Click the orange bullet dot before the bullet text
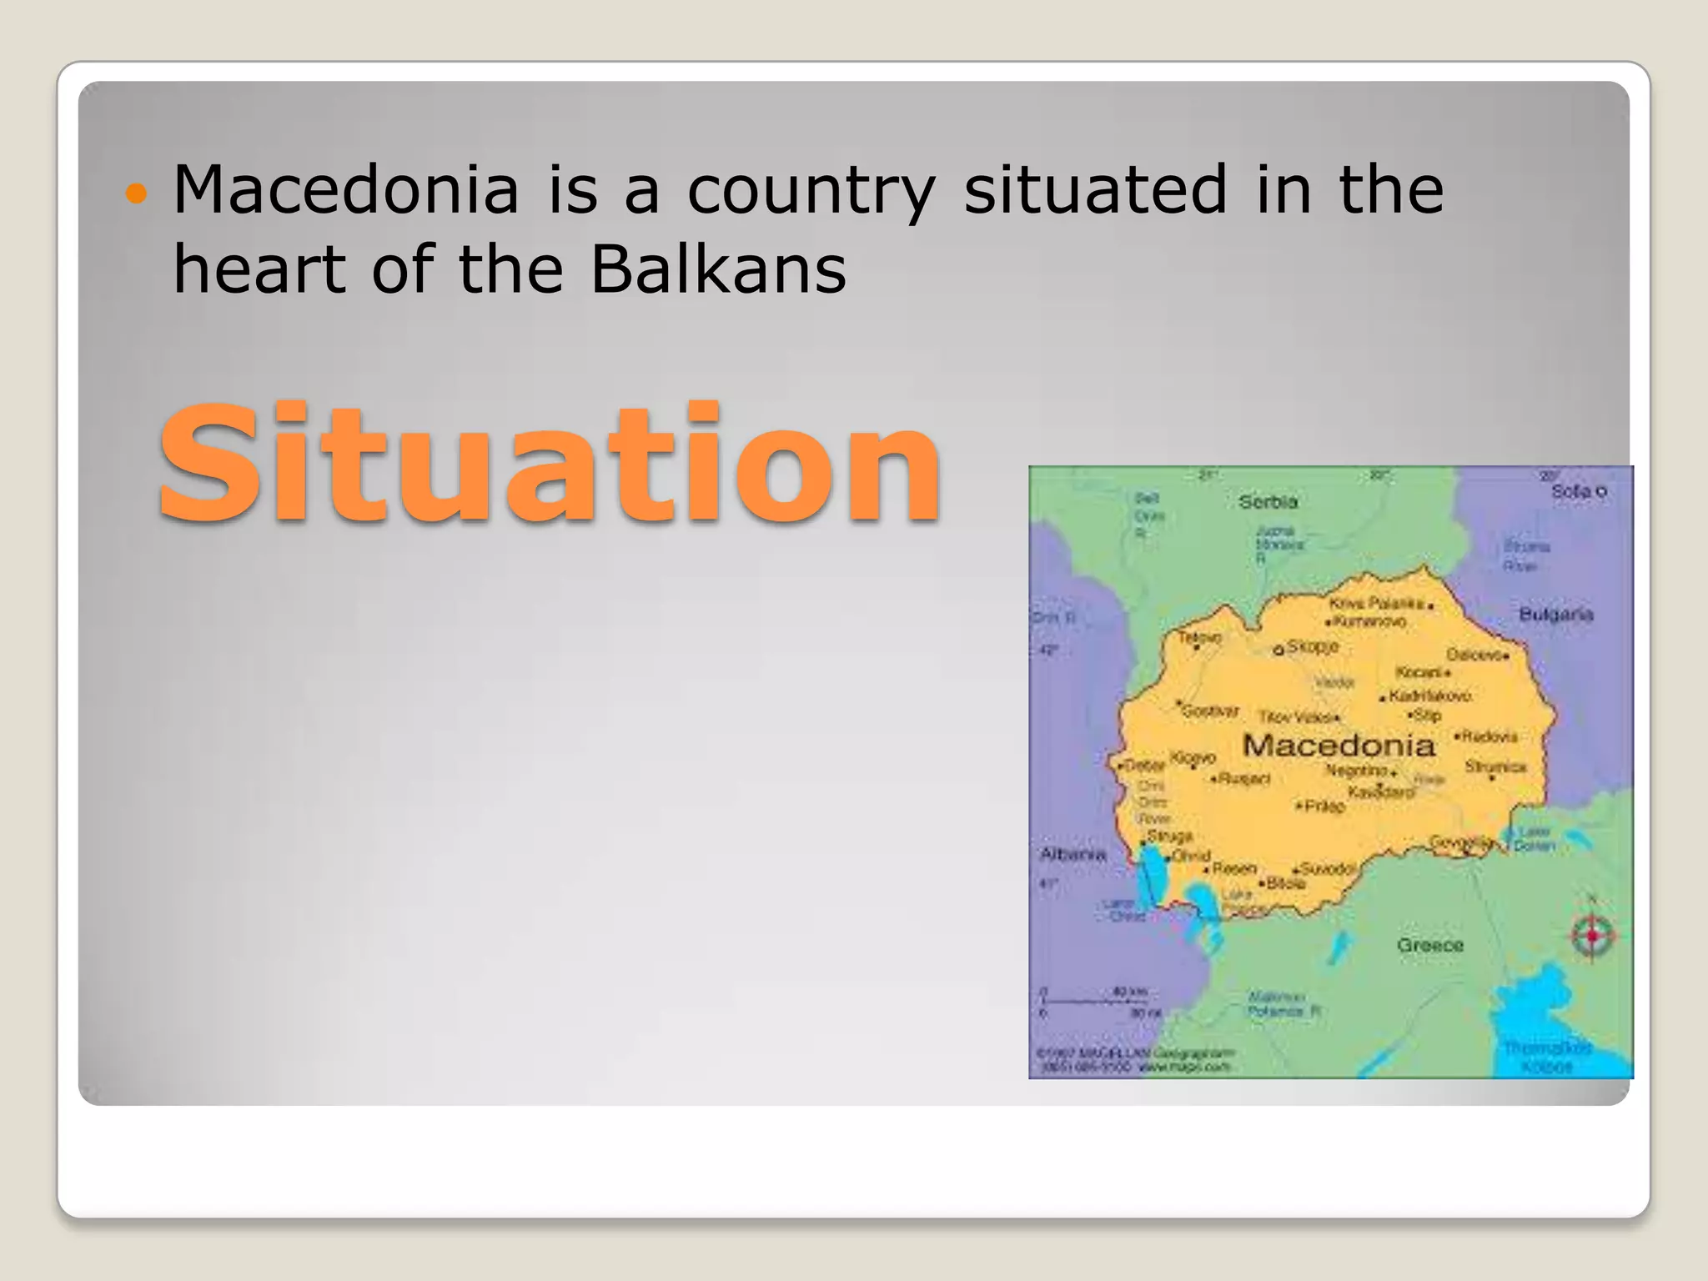pos(135,194)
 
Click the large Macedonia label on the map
pos(1339,745)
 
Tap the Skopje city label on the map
pos(1312,646)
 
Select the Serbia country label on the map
pos(1268,502)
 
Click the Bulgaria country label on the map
pos(1555,615)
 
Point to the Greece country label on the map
pos(1430,945)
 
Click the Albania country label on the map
pos(1073,854)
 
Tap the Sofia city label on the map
pos(1572,491)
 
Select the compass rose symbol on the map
pos(1592,936)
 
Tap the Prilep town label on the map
pos(1324,806)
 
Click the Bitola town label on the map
pos(1285,883)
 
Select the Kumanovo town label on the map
pos(1369,621)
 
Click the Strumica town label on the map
pos(1495,766)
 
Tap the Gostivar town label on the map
pos(1209,711)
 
